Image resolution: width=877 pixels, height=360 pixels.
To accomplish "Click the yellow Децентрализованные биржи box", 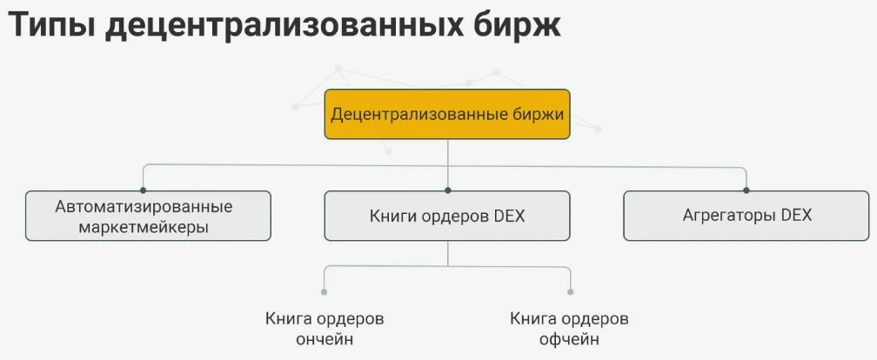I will (447, 114).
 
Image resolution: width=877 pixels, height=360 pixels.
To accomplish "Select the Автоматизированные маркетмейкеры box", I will (148, 216).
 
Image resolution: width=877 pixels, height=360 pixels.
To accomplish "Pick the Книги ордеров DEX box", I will (447, 216).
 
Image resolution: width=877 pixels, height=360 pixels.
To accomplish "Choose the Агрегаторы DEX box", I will (746, 216).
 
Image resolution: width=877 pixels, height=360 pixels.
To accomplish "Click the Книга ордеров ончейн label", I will (325, 328).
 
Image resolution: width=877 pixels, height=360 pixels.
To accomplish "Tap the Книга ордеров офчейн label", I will (569, 328).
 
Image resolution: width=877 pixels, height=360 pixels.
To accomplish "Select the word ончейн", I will (325, 339).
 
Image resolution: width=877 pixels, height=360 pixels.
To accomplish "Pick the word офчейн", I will (569, 339).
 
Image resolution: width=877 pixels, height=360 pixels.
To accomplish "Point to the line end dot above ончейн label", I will (325, 292).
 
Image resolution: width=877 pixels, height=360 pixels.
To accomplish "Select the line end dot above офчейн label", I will (570, 292).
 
